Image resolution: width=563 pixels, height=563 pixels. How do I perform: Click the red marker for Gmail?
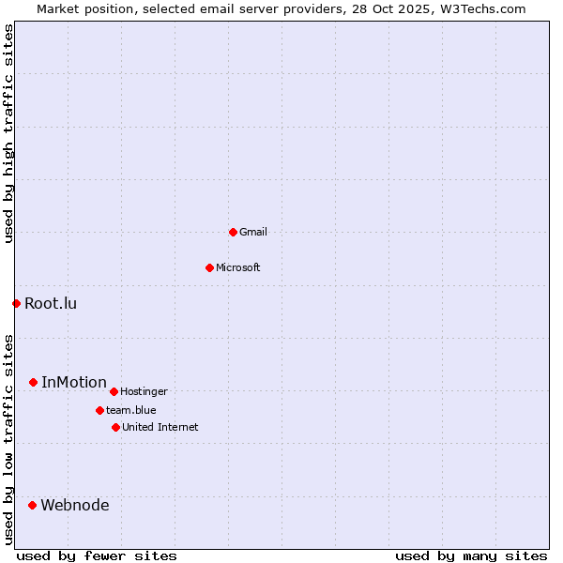point(233,232)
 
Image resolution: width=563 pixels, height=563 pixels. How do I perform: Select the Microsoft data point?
point(209,267)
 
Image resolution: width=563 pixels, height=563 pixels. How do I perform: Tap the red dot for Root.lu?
point(16,303)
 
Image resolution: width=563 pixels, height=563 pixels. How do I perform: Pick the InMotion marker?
point(33,382)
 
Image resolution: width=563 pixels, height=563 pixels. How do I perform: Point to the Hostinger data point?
point(114,391)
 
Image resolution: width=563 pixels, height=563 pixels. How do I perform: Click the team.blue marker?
point(99,410)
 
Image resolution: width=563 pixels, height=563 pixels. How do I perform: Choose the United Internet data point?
point(115,427)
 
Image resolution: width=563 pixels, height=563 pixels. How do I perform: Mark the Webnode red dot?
point(32,505)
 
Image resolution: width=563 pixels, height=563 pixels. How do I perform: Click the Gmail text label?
point(253,232)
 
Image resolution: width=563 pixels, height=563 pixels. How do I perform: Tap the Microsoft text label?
point(238,267)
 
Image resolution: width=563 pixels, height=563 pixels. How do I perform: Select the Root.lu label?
point(51,303)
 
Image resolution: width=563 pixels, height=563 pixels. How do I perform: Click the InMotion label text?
point(74,382)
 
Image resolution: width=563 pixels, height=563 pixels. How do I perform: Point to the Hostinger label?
point(144,391)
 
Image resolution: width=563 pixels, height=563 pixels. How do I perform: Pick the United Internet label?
point(160,427)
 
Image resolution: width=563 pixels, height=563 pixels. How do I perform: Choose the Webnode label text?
point(75,505)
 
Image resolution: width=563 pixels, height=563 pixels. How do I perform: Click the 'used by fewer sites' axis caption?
point(97,555)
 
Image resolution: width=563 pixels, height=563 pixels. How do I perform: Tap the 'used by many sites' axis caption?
point(471,555)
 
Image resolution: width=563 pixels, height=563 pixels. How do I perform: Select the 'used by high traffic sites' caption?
point(8,133)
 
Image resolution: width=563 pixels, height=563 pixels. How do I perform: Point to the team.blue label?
point(131,410)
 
